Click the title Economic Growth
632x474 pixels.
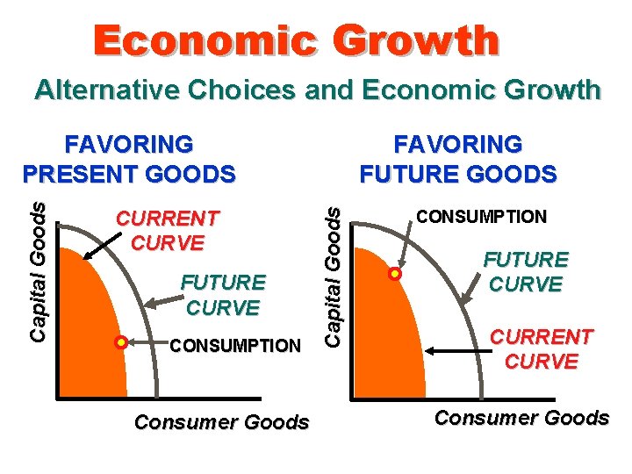297,41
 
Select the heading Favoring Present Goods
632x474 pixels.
129,158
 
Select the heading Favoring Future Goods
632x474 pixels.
457,158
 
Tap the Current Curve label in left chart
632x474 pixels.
168,229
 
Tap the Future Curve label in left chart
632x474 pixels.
222,295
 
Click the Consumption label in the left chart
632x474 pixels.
234,346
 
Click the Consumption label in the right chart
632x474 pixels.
481,216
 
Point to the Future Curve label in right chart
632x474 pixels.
528,271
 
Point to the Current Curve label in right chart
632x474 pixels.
542,348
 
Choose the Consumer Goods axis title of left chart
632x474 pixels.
221,422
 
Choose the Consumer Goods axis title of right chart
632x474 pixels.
521,417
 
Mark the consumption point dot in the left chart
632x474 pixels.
122,340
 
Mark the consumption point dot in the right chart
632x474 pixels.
395,274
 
